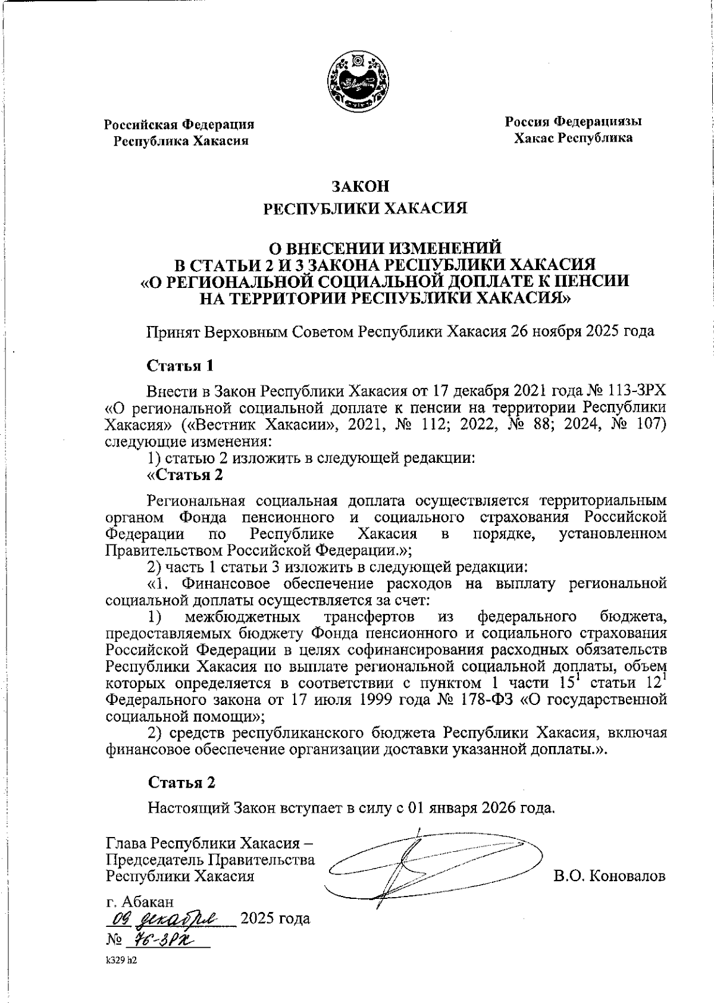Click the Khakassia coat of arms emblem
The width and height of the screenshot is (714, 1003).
click(359, 81)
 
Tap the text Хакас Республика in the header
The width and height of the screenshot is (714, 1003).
click(573, 138)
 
